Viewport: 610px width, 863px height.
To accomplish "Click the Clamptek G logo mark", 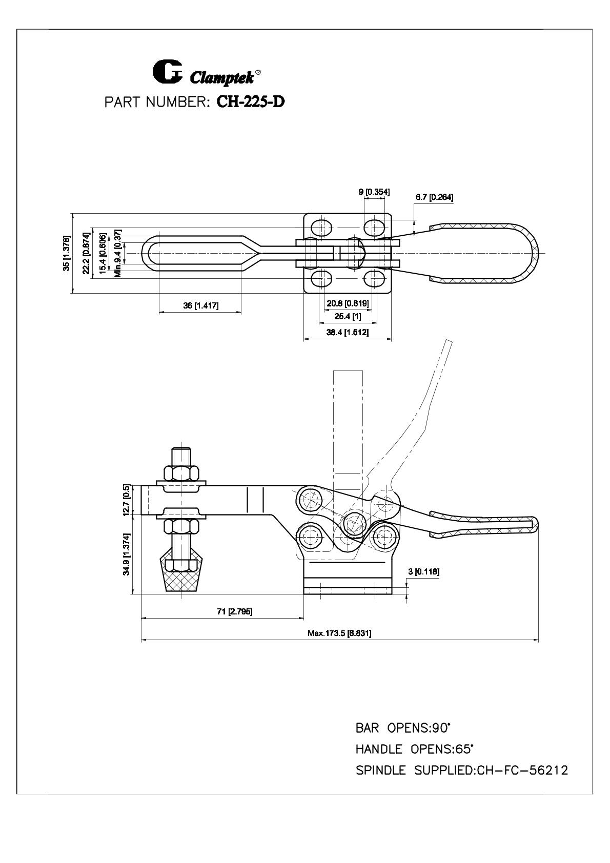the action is (167, 71).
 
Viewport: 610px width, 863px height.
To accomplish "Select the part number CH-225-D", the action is (251, 101).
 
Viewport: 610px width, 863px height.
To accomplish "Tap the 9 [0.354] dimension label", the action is (374, 192).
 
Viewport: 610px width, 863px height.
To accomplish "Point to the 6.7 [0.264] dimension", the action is (434, 197).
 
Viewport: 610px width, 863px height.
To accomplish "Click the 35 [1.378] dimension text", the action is (67, 253).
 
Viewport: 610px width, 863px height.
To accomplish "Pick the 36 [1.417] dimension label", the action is (201, 305).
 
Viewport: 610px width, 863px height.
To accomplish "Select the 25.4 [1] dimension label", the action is (348, 316).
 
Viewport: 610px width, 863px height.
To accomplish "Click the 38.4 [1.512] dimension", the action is (348, 332).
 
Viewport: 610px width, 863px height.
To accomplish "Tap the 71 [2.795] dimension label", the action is (235, 611).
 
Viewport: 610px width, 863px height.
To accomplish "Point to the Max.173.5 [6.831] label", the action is (339, 633).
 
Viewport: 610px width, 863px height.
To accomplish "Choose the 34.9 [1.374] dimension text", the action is (126, 554).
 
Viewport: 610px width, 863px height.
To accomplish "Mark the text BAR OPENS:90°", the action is (403, 728).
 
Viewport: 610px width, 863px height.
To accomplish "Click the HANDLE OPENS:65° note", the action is (414, 749).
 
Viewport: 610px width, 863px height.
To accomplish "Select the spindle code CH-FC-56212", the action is (522, 770).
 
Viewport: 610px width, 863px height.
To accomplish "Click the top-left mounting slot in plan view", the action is (320, 227).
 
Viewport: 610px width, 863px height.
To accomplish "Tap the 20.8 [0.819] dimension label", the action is (348, 303).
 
